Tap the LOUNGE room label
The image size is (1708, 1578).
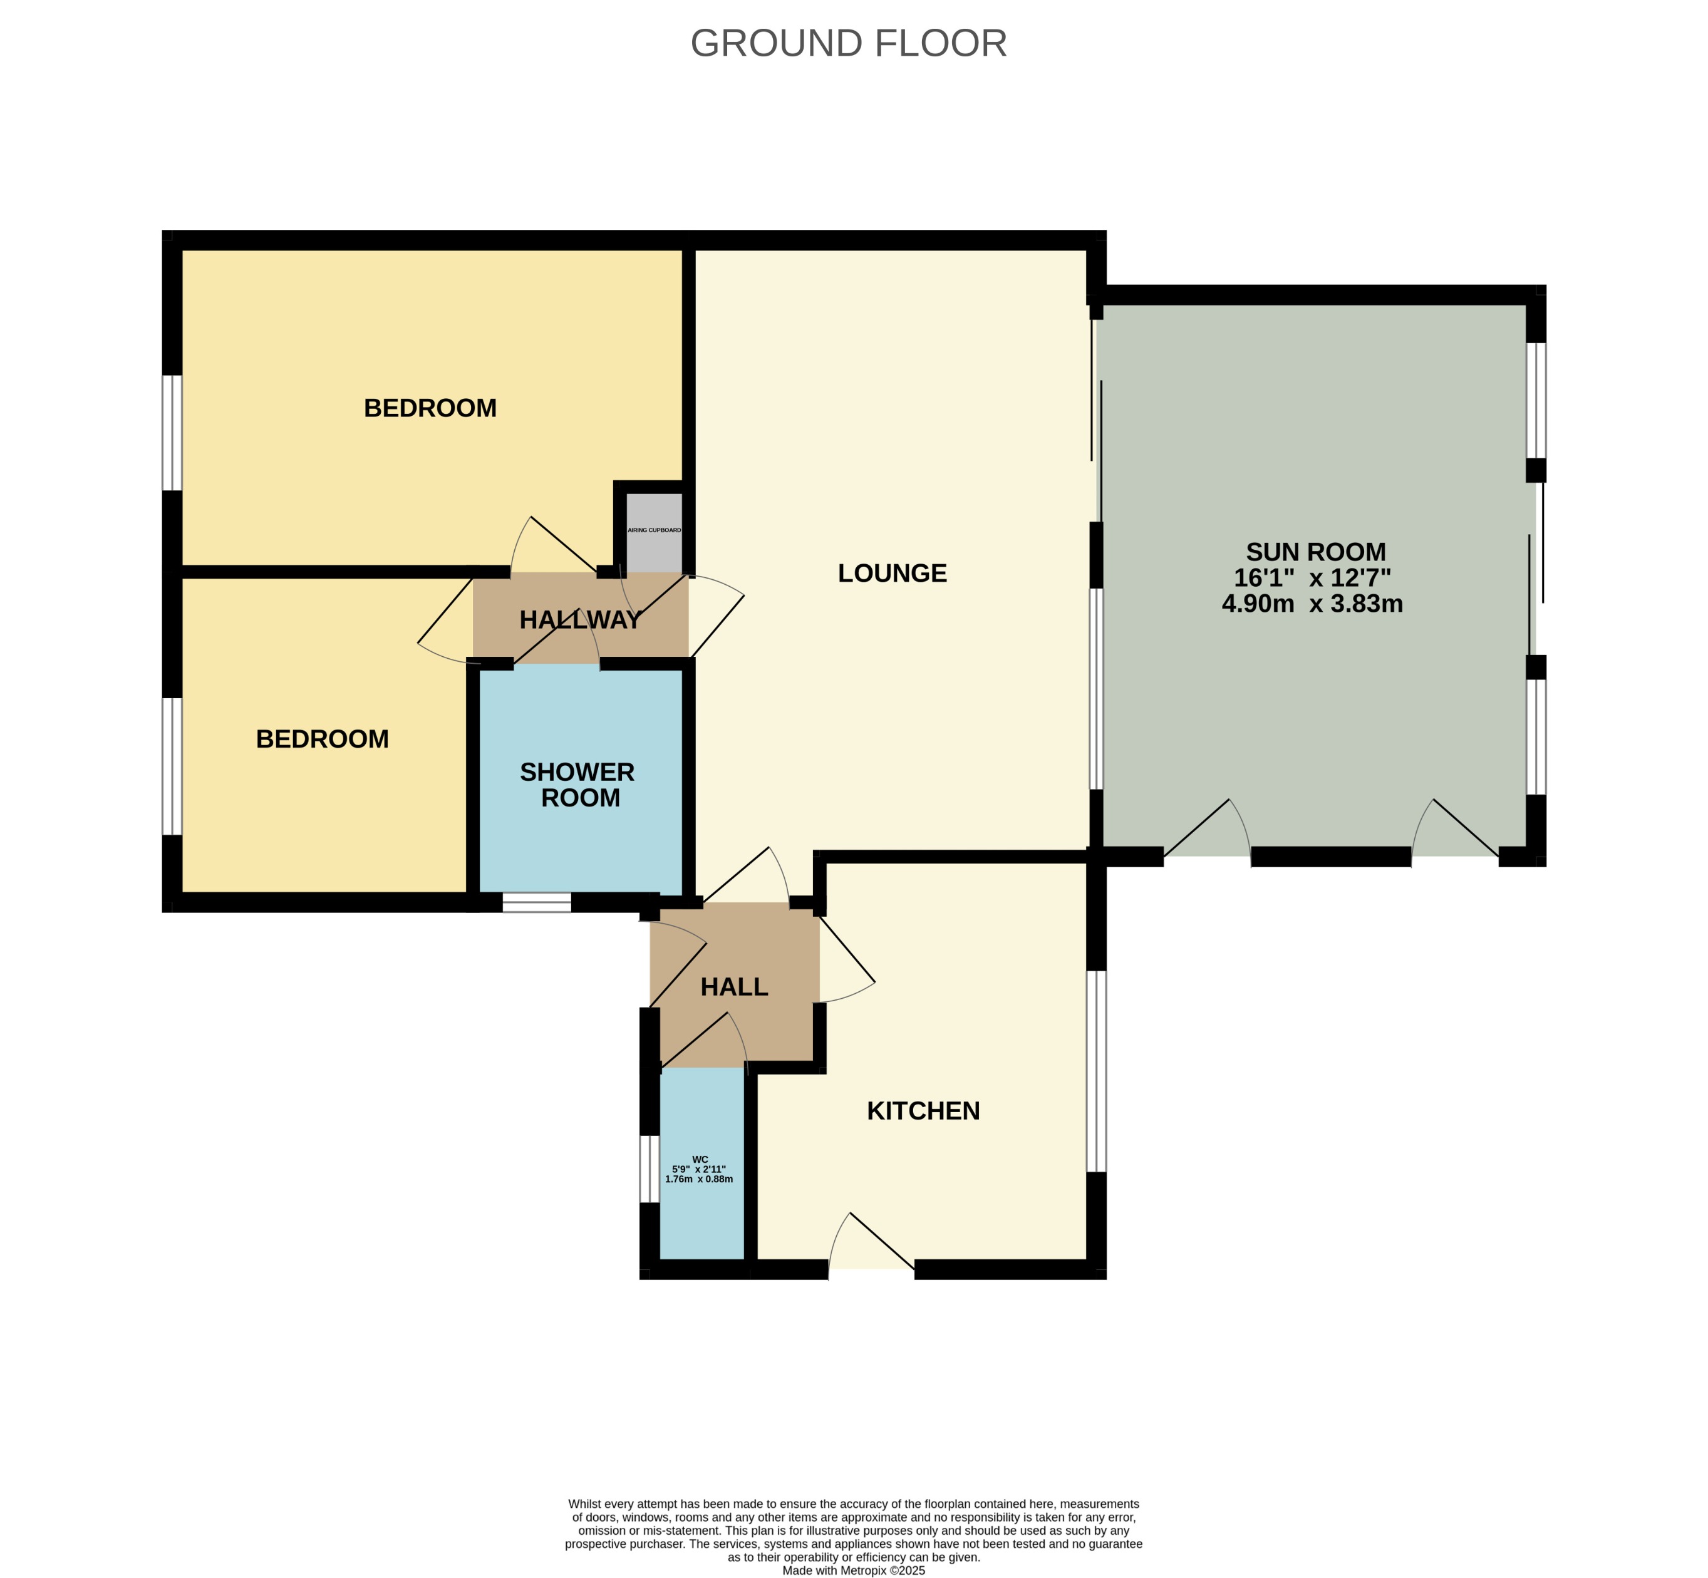893,573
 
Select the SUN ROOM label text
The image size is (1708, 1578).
1315,552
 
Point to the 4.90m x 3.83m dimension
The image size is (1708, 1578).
1313,604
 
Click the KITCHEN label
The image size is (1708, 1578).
923,1111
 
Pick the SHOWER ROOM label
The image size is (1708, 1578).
577,785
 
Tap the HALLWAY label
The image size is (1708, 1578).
581,620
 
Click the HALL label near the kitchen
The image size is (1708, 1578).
735,987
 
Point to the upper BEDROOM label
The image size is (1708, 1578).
430,408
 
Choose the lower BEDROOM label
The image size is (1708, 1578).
323,739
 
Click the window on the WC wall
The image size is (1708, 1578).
650,1168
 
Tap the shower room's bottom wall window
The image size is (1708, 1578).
536,902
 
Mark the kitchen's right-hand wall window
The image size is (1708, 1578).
1097,1071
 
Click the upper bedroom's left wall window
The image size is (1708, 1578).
172,433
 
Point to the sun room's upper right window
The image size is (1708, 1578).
1536,401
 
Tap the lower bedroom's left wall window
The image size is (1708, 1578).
172,766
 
